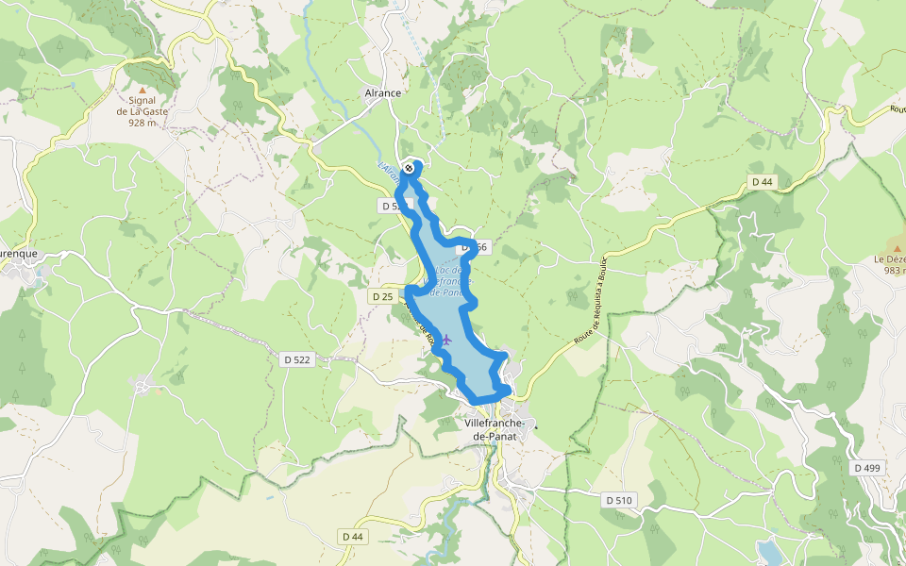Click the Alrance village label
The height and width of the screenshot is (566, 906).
[x=383, y=93]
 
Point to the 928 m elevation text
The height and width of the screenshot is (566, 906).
[x=143, y=123]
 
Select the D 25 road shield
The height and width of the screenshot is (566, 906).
[x=382, y=296]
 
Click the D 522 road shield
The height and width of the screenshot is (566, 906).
[x=295, y=359]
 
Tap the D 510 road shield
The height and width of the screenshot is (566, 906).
[x=618, y=499]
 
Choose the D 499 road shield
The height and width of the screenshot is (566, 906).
[x=866, y=468]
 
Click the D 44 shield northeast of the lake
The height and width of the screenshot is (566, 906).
[x=762, y=181]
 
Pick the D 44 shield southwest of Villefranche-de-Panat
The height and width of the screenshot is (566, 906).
[x=352, y=537]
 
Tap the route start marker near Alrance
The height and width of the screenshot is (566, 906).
[x=408, y=168]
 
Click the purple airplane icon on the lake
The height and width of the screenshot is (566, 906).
[x=445, y=340]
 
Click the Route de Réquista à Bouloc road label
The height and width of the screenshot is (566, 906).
[x=589, y=301]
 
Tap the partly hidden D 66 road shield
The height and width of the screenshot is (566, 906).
[x=477, y=247]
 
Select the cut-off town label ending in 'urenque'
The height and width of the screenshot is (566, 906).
[x=19, y=254]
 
